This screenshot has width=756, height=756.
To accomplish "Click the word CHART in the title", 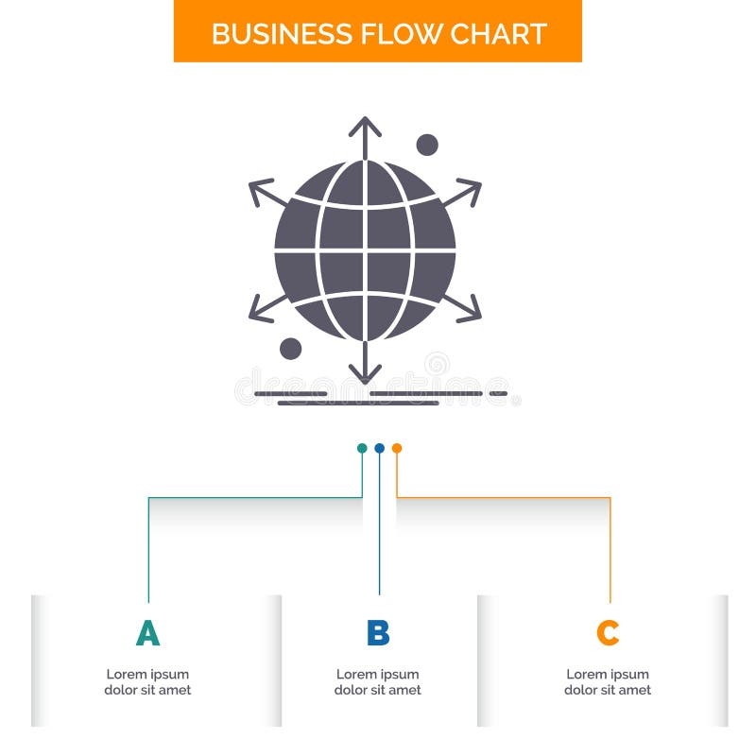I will (x=498, y=34).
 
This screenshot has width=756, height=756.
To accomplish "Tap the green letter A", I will (x=147, y=633).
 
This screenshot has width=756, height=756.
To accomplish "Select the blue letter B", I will (x=378, y=633).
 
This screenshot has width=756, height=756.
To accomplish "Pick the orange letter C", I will (x=608, y=633).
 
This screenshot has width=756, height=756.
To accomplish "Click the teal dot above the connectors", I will (x=362, y=448).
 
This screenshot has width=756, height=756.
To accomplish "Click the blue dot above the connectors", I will (x=379, y=448).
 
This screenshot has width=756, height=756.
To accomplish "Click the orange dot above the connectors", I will (x=397, y=448).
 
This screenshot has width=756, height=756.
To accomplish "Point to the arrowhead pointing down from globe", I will (x=365, y=376).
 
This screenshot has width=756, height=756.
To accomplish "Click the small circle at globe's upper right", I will (x=427, y=145).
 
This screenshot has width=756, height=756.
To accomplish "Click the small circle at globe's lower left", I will (x=291, y=349).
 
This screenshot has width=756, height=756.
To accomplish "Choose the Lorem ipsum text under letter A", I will (x=147, y=682).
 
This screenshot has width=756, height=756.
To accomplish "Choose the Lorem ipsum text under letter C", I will (x=608, y=682).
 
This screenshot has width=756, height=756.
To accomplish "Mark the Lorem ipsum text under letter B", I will (x=378, y=682).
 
